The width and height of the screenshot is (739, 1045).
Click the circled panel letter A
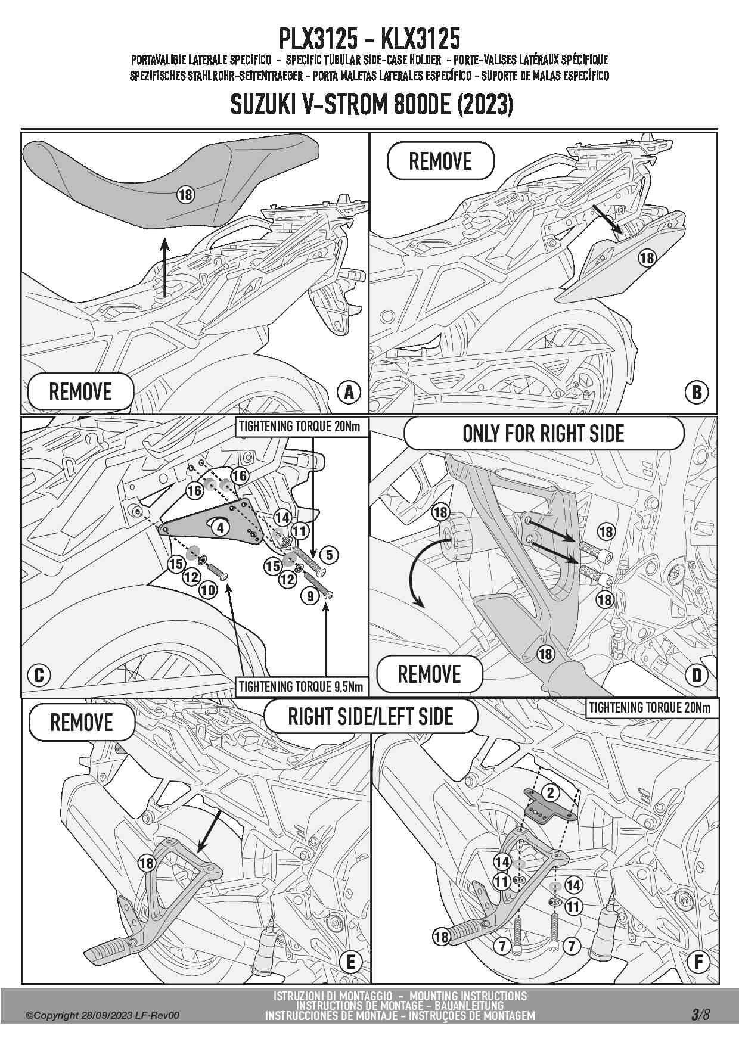pos(349,391)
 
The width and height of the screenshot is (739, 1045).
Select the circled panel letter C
pos(39,675)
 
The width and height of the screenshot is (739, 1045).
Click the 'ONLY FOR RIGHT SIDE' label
pos(544,433)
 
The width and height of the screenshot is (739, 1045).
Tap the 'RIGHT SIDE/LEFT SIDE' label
pos(371,716)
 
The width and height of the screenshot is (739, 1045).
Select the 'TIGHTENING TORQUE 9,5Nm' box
pos(301,686)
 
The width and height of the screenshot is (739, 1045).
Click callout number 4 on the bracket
pos(221,527)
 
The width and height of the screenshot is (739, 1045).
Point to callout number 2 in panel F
pos(551,792)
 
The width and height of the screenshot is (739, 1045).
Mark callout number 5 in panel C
pos(329,555)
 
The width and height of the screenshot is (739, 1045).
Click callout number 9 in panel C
pos(310,595)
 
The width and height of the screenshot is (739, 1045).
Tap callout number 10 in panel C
pos(208,590)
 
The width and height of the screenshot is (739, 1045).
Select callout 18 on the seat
pos(185,194)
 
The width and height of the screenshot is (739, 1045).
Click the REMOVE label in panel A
pos(80,392)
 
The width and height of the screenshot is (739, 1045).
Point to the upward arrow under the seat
pos(165,266)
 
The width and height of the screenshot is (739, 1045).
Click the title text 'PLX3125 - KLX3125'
pos(369,39)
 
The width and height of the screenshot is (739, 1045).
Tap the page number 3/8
pos(700,1015)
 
